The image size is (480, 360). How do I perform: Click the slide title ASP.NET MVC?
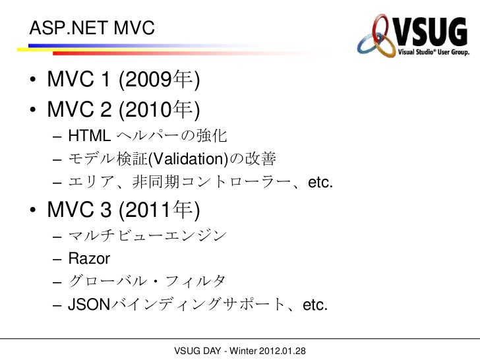pyautogui.click(x=91, y=28)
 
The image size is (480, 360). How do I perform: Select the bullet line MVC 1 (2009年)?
pyautogui.click(x=123, y=81)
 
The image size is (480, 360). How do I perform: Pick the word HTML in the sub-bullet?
pyautogui.click(x=90, y=136)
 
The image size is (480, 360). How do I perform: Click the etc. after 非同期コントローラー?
pyautogui.click(x=318, y=182)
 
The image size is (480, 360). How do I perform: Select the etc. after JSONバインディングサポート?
pyautogui.click(x=313, y=305)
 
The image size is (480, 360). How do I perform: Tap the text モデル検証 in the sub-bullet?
pyautogui.click(x=105, y=159)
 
